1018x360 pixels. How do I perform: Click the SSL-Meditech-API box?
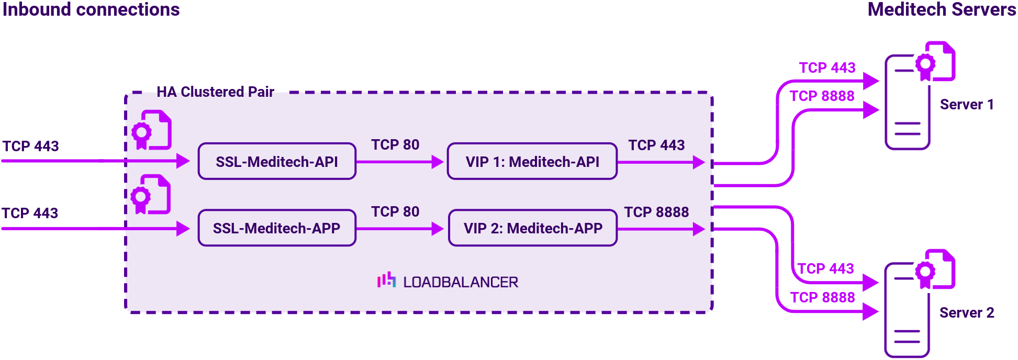(277, 162)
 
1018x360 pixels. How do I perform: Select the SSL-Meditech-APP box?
(277, 228)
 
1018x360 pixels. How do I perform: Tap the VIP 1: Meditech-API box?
(532, 162)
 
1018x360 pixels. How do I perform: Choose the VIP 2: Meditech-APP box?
(533, 228)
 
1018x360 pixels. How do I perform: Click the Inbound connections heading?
(91, 9)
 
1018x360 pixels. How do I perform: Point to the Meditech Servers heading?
(942, 9)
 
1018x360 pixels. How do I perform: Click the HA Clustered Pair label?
(215, 92)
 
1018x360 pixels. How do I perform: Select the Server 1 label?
(967, 105)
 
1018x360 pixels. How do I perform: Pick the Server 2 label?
(967, 313)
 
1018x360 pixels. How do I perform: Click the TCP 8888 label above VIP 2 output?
(656, 212)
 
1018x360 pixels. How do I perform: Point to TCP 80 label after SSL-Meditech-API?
(395, 145)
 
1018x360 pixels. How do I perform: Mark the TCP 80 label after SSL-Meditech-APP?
(395, 212)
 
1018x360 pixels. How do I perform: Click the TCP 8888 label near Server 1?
(822, 96)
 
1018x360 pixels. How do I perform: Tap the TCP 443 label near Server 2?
(825, 269)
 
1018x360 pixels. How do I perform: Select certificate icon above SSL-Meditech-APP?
(151, 195)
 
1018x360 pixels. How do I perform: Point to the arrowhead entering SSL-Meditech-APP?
(183, 229)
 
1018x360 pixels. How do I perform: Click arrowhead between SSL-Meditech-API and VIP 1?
(438, 162)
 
